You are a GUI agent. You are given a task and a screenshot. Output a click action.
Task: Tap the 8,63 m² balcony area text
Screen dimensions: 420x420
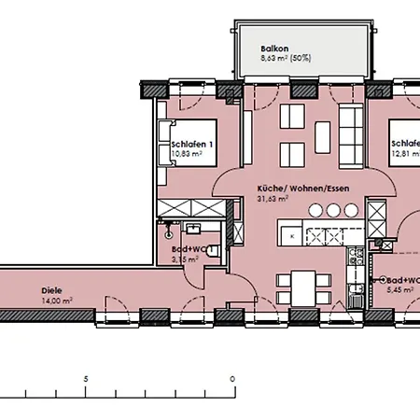[287, 58]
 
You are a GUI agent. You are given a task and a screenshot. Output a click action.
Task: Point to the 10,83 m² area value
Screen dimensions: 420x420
[188, 157]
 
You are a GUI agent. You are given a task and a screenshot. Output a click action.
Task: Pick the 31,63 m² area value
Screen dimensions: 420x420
[273, 198]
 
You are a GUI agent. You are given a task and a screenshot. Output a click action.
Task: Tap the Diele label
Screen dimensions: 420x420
[52, 289]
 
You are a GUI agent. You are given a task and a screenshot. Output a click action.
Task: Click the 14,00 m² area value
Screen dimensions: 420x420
[56, 301]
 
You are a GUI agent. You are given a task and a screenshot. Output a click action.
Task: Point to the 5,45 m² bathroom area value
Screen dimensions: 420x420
[402, 291]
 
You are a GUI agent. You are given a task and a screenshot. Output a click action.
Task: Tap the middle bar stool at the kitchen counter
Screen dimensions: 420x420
[317, 209]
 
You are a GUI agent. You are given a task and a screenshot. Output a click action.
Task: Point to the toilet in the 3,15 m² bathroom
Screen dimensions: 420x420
[213, 249]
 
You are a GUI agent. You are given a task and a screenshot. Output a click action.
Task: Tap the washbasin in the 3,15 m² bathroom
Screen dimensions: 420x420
[196, 227]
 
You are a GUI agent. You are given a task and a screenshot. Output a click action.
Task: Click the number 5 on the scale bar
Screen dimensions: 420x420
[85, 378]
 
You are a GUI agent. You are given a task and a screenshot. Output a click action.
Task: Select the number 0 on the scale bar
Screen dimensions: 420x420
[231, 378]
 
